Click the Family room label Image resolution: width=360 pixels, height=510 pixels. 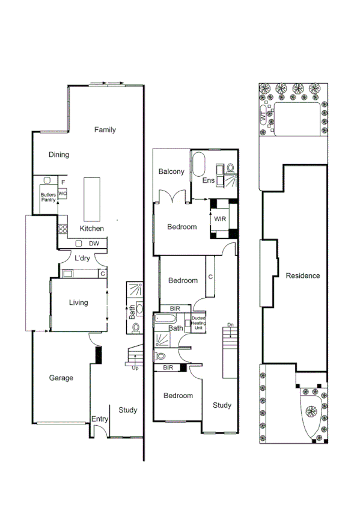(105, 130)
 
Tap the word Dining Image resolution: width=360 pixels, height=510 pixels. (59, 155)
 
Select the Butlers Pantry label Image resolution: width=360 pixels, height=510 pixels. (48, 197)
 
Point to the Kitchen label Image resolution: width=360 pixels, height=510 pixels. (92, 229)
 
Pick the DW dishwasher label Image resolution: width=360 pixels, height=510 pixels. (94, 244)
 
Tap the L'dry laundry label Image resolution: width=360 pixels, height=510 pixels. (82, 259)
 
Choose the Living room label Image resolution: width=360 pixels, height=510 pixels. (78, 303)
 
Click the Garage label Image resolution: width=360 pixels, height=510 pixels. (61, 378)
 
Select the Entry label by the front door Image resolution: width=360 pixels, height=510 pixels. (99, 419)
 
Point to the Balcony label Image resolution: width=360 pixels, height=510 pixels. (171, 172)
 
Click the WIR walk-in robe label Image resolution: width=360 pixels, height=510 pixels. (220, 220)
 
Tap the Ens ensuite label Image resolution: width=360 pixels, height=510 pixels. (209, 180)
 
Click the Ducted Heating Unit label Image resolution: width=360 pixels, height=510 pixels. (199, 322)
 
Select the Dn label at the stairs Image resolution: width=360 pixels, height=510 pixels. (230, 325)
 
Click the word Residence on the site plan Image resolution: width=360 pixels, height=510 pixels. (302, 276)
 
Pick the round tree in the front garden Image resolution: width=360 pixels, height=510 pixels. (311, 412)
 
